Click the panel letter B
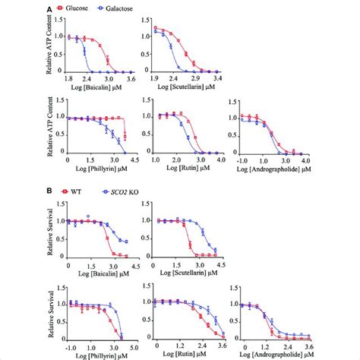52,195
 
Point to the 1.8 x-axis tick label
68,78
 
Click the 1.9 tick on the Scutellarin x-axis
154,78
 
